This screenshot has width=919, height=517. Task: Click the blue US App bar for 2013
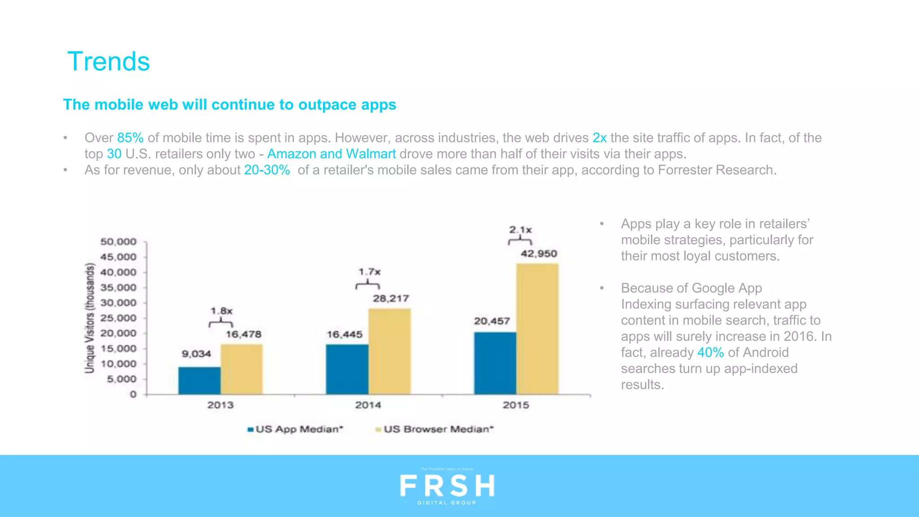[199, 381]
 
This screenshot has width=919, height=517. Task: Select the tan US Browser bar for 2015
[537, 329]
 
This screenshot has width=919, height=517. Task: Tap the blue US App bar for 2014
[347, 369]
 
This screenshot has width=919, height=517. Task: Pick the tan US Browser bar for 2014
[389, 351]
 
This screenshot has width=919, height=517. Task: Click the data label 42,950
[538, 254]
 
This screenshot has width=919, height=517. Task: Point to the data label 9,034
[196, 354]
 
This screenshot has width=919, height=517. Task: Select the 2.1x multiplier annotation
[520, 230]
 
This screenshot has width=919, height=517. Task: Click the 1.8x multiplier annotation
[221, 311]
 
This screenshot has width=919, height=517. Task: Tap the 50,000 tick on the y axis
[118, 241]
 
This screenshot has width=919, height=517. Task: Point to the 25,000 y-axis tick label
[118, 318]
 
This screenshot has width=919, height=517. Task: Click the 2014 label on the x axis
[368, 405]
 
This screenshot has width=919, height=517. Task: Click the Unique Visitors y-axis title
[90, 318]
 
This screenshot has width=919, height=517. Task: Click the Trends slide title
[109, 61]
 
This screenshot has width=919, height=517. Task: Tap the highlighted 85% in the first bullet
[130, 138]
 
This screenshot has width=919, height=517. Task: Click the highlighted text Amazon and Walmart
[331, 154]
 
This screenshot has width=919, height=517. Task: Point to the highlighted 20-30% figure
[267, 170]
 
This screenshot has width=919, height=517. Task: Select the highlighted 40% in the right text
[710, 352]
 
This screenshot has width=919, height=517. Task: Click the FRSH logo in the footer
[447, 486]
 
